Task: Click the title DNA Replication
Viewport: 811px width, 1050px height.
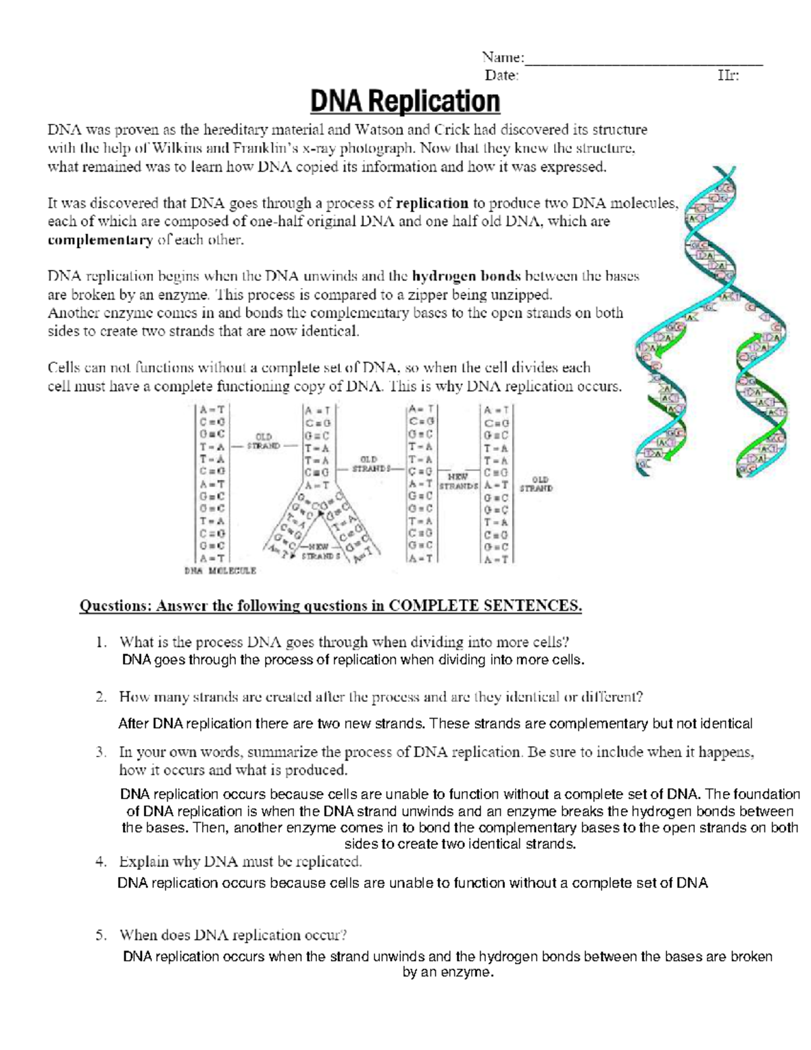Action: [405, 102]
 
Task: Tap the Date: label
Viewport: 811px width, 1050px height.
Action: [501, 76]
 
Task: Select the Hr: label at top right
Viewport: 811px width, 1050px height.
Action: [728, 76]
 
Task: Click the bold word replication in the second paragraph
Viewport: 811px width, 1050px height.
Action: [433, 203]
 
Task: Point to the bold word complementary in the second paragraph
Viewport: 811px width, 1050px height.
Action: [100, 240]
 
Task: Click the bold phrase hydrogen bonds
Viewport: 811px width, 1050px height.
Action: [466, 276]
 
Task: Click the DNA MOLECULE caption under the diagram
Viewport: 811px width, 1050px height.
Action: [220, 571]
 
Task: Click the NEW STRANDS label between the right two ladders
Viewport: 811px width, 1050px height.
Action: [458, 481]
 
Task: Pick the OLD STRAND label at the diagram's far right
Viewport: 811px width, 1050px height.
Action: [536, 484]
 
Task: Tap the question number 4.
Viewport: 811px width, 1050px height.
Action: [101, 862]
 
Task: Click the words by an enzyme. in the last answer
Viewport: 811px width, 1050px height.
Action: [448, 972]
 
